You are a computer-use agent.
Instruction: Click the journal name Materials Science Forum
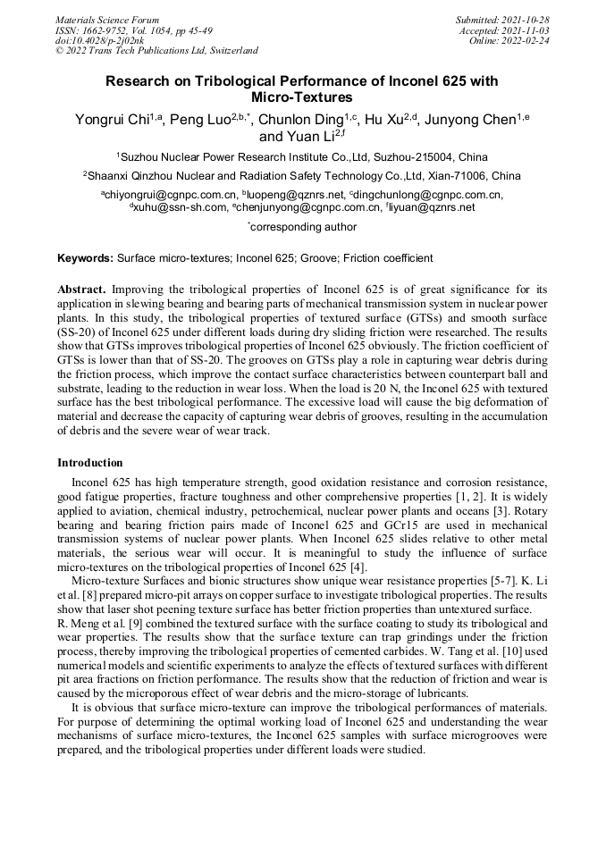[x=107, y=19]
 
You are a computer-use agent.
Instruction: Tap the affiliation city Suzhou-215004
[x=412, y=155]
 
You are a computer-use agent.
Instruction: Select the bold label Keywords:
[x=86, y=258]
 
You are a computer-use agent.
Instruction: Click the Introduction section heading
[x=90, y=463]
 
